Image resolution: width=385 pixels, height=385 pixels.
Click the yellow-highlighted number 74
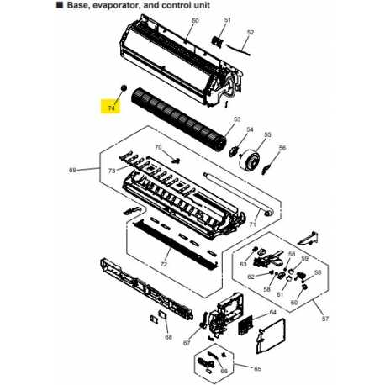click(x=110, y=106)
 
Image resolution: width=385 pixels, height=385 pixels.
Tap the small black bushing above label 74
click(x=123, y=87)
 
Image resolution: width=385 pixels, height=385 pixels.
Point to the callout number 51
click(x=227, y=19)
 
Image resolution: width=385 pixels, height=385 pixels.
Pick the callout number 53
click(x=237, y=119)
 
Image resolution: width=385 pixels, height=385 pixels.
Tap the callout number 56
click(x=282, y=148)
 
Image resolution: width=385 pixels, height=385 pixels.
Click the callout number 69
click(x=72, y=171)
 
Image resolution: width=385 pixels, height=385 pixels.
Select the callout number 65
click(x=258, y=368)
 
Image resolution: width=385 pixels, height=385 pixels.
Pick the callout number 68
click(x=167, y=337)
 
